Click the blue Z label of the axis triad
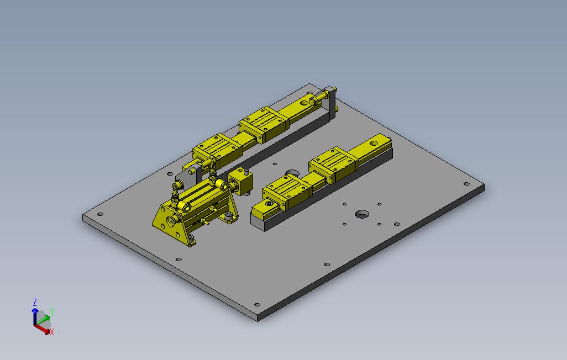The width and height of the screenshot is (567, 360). [x=34, y=302]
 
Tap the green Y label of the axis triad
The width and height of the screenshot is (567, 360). [x=51, y=312]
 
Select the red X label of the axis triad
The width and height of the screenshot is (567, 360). [x=51, y=332]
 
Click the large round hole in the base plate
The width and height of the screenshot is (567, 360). [x=362, y=213]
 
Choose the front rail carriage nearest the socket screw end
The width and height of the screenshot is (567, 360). [x=286, y=192]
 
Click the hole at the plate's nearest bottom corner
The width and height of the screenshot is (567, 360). [x=256, y=304]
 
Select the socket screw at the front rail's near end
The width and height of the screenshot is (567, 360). [x=269, y=203]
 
